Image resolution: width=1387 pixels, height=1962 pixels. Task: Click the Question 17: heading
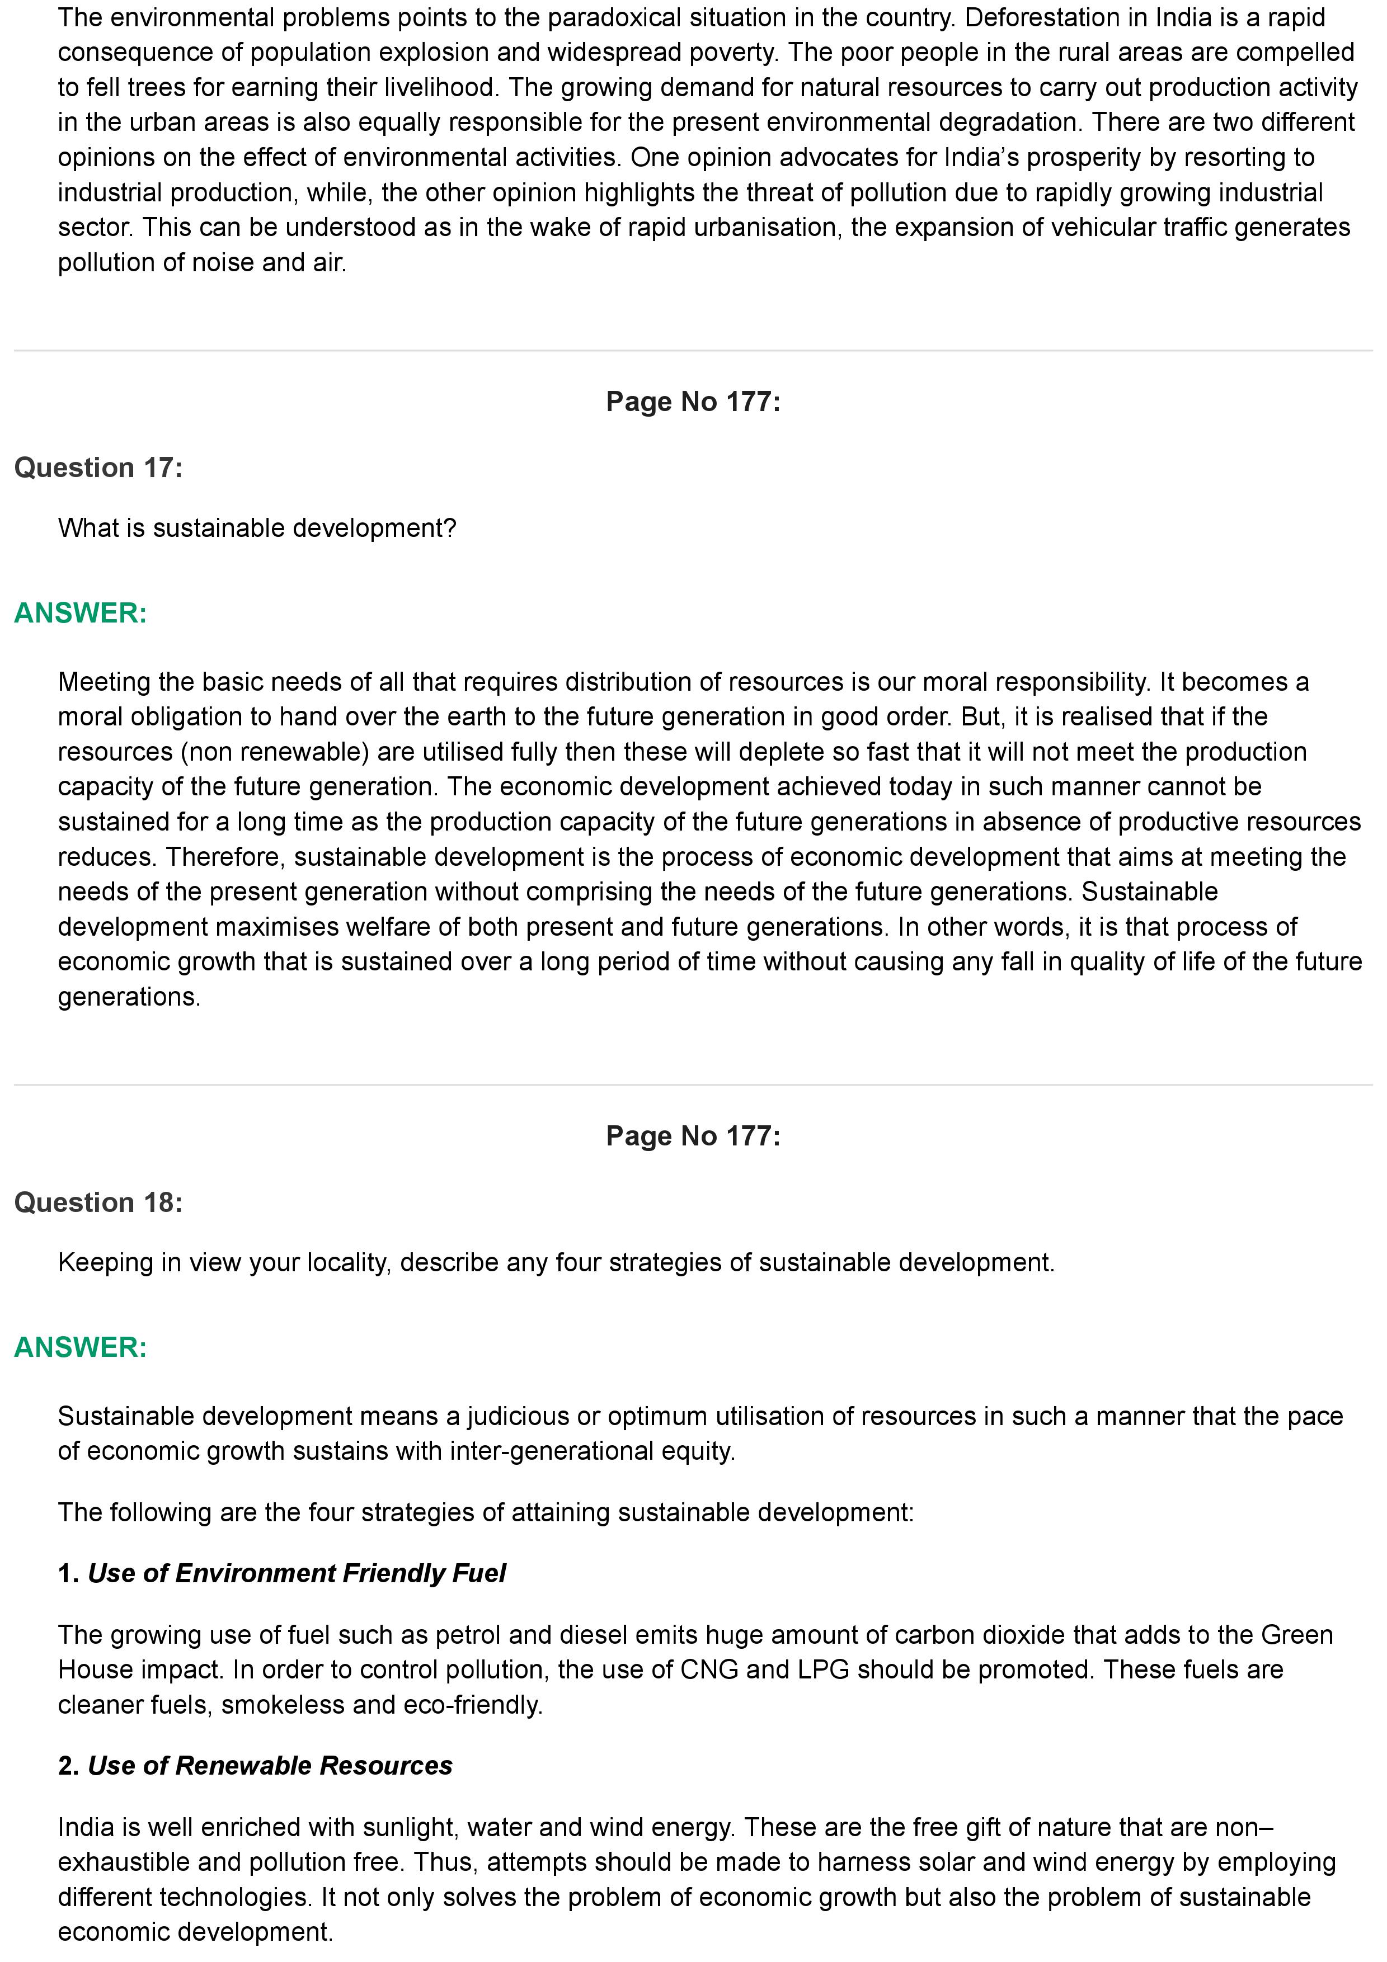(x=98, y=468)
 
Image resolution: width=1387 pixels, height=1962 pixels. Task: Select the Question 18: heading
(x=98, y=1202)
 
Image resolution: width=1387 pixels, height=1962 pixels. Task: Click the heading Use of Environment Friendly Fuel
(x=297, y=1573)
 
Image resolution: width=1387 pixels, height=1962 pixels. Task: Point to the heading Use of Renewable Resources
(x=270, y=1766)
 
